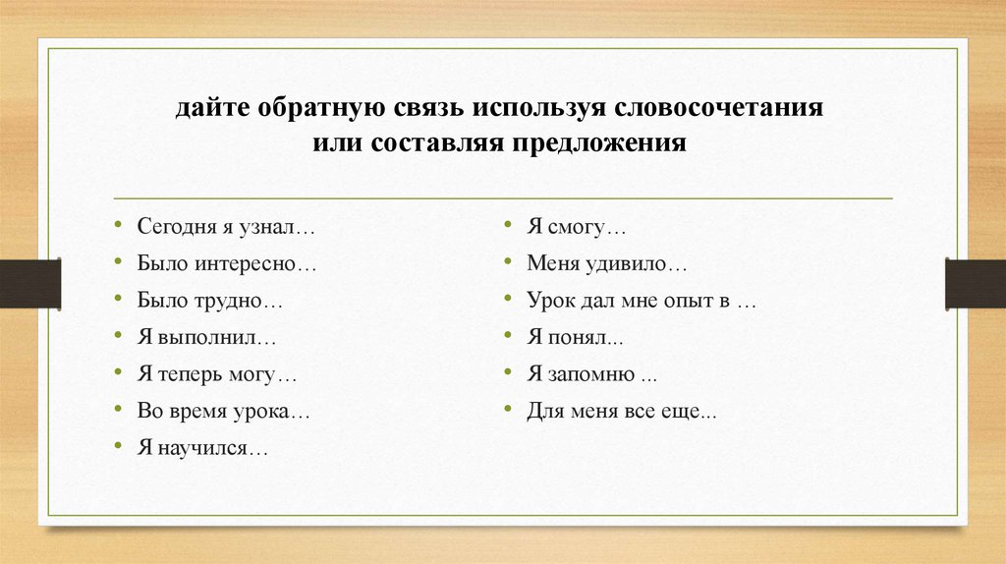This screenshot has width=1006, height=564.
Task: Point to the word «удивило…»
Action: tap(640, 263)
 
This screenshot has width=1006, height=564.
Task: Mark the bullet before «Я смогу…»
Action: tap(508, 224)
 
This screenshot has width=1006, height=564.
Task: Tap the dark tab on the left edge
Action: tap(29, 283)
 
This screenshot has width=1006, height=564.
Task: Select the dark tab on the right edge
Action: tap(976, 283)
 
